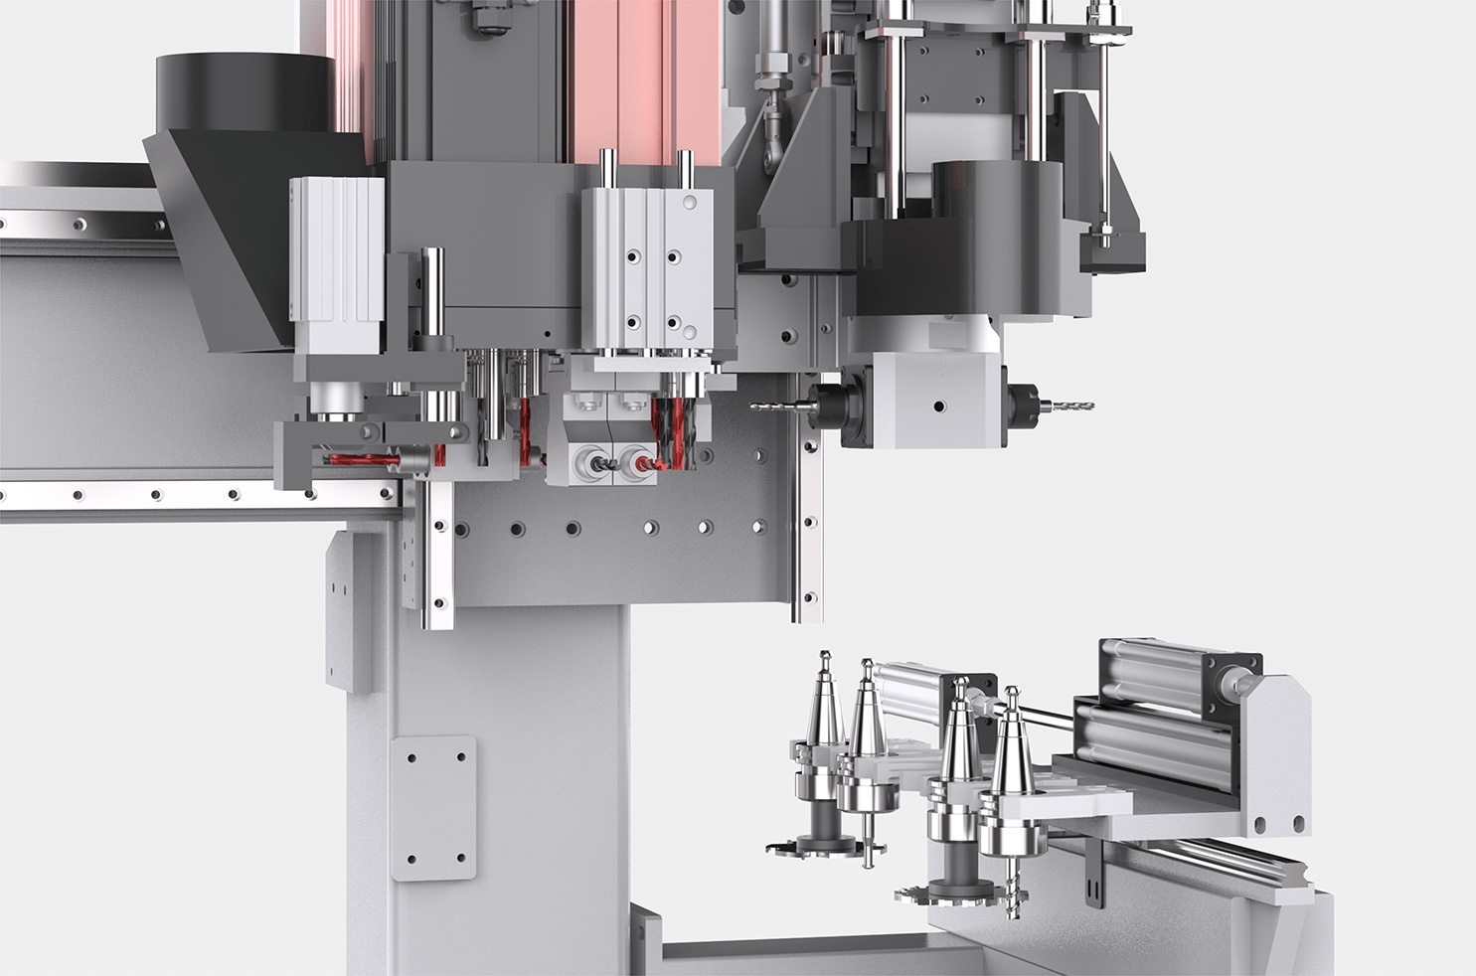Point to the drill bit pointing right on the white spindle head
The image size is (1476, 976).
tap(1065, 405)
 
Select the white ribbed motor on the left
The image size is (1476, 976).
tap(337, 263)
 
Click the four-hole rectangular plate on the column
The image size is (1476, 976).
tap(433, 807)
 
